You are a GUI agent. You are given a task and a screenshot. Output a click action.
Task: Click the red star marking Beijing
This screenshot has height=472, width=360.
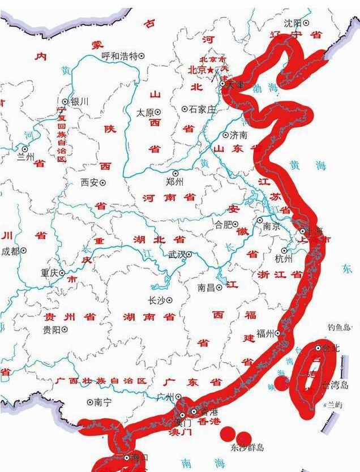coord(211,70)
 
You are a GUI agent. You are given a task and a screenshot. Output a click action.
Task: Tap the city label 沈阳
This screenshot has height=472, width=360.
coord(293,23)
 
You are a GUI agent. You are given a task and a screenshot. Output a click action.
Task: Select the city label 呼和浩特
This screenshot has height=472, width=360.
coord(119,56)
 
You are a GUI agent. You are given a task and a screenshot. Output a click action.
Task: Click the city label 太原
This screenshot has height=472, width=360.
coord(145,113)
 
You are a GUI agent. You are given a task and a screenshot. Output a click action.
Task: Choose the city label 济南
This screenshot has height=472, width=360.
coord(238,135)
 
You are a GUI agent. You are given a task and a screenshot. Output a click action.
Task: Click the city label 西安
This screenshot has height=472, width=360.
coord(90,183)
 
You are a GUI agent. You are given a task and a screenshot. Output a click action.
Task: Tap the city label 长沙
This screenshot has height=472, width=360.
coord(156,301)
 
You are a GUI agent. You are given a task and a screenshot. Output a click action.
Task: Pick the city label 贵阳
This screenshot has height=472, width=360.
coord(52,329)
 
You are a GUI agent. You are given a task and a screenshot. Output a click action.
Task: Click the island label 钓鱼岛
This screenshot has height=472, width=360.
coord(340,327)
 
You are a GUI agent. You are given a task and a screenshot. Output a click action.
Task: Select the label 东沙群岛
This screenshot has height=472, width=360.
coord(247,448)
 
